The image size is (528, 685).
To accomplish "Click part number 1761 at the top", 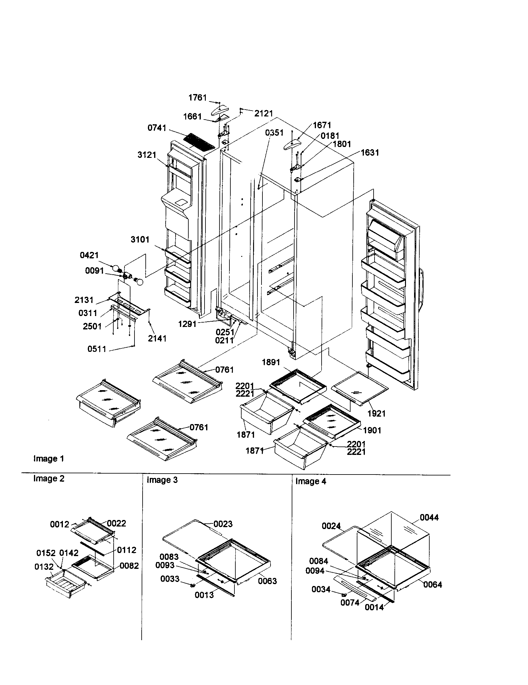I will pos(197,98).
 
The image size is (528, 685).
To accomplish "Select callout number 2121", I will pos(263,114).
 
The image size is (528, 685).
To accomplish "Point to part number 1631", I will pos(370,153).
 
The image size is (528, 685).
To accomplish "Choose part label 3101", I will pos(140,240).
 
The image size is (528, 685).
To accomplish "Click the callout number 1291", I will pos(187,324).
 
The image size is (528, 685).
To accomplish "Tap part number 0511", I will pos(97,349).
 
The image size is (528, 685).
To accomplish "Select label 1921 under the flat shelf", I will pos(376,413).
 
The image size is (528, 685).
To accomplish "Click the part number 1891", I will pos(271,362).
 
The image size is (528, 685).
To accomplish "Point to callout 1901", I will pos(372,430).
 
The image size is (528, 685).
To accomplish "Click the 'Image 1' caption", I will pos(49,459).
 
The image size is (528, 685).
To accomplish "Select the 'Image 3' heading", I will pos(162,480).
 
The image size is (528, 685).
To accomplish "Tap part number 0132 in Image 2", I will pos(44,567).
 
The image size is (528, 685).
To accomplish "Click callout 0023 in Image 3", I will pos(223,524).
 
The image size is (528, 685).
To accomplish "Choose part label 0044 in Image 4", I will pos(429,517).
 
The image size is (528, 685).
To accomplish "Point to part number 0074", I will pos(350,602).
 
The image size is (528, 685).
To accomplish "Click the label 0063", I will pos(267,581).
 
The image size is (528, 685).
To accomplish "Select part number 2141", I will pos(157,338).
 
